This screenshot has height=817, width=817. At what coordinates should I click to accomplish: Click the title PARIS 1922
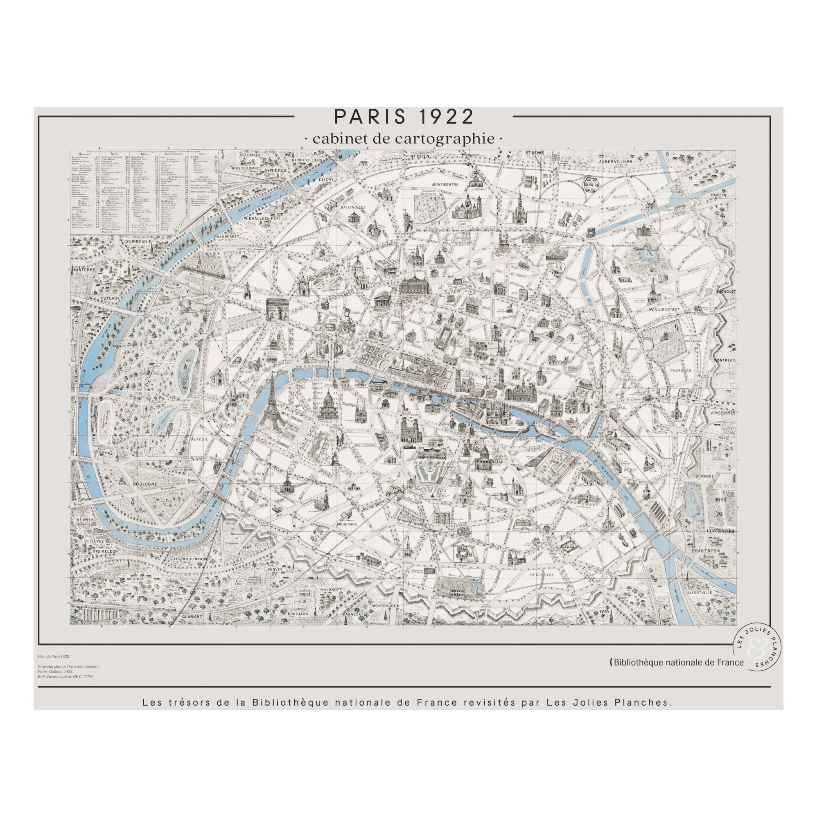(404, 117)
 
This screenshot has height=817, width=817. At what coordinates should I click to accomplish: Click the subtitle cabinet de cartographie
(404, 139)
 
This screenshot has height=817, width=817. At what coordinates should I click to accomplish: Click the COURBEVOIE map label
(138, 241)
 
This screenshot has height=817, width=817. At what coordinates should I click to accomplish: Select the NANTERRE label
(84, 269)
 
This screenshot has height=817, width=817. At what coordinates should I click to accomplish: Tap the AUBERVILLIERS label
(615, 161)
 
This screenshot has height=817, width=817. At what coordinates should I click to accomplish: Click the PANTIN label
(718, 195)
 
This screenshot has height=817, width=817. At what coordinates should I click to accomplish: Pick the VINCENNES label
(722, 413)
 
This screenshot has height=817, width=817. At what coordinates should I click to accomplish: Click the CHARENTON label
(705, 551)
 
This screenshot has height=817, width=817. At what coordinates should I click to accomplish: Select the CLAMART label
(192, 616)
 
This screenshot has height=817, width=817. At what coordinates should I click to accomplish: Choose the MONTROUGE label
(384, 605)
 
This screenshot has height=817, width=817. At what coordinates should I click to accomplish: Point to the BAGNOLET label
(726, 291)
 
